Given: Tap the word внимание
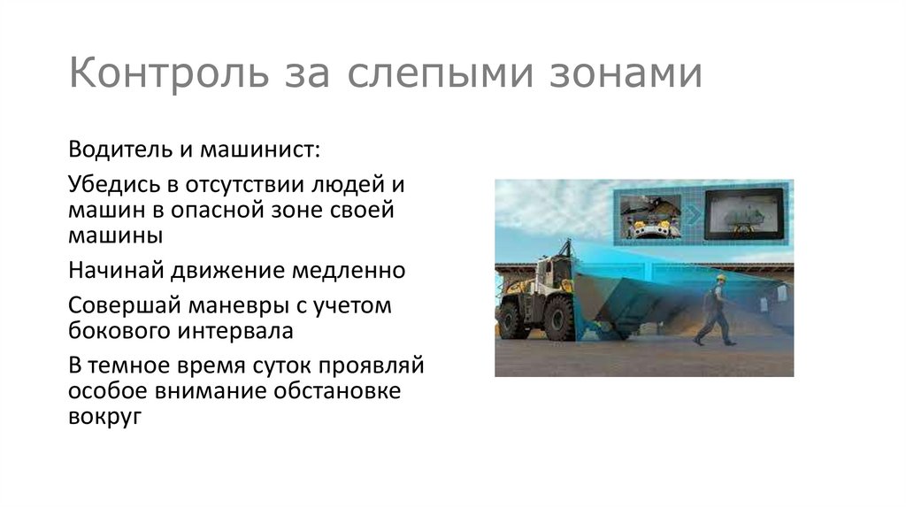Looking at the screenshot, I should pos(205,391).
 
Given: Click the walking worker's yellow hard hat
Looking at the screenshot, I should pos(720,278).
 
